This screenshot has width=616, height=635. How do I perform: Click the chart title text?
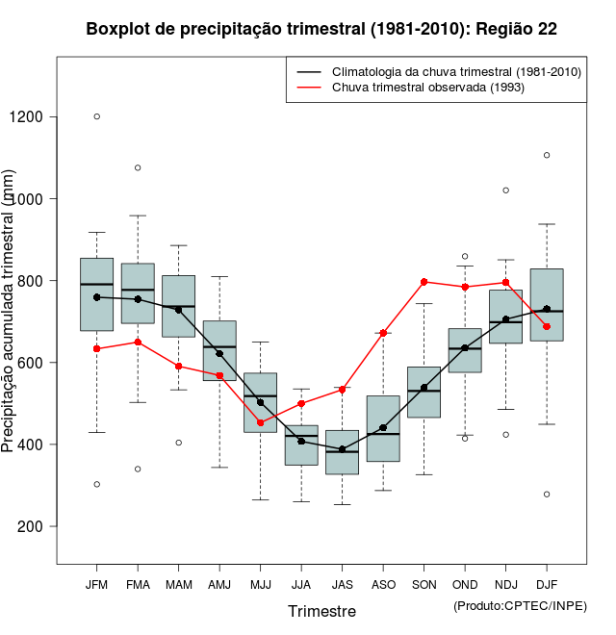tap(321, 29)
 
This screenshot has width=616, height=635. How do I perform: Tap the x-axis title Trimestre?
tap(321, 611)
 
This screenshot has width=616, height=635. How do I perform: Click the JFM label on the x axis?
tap(96, 584)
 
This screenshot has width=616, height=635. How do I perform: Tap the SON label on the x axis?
tap(423, 584)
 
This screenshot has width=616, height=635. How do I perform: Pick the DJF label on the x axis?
tap(547, 584)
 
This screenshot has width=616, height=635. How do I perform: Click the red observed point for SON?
tap(423, 282)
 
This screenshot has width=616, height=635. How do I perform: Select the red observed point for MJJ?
tap(260, 422)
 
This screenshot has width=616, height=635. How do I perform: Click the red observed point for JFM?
tap(96, 348)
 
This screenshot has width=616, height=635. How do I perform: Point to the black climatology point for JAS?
tap(342, 449)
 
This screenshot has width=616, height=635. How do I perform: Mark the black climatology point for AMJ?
tap(219, 353)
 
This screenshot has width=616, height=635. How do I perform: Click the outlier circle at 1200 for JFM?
tap(96, 116)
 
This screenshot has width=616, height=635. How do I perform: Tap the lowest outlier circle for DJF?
tap(547, 495)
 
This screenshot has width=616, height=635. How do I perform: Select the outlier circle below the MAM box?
tap(178, 443)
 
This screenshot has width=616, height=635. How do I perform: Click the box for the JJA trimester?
tap(301, 445)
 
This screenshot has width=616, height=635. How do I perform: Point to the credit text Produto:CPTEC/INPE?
tap(520, 605)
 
